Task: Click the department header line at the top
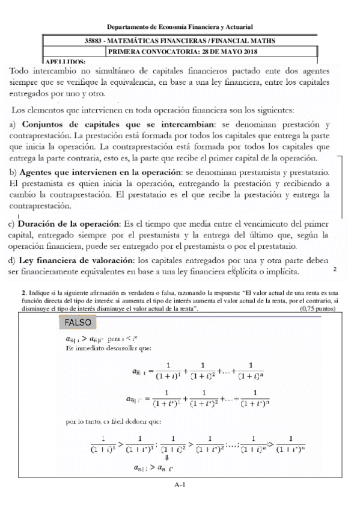coord(180,27)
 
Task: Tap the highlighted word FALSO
coord(76,323)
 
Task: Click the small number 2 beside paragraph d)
coord(334,269)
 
